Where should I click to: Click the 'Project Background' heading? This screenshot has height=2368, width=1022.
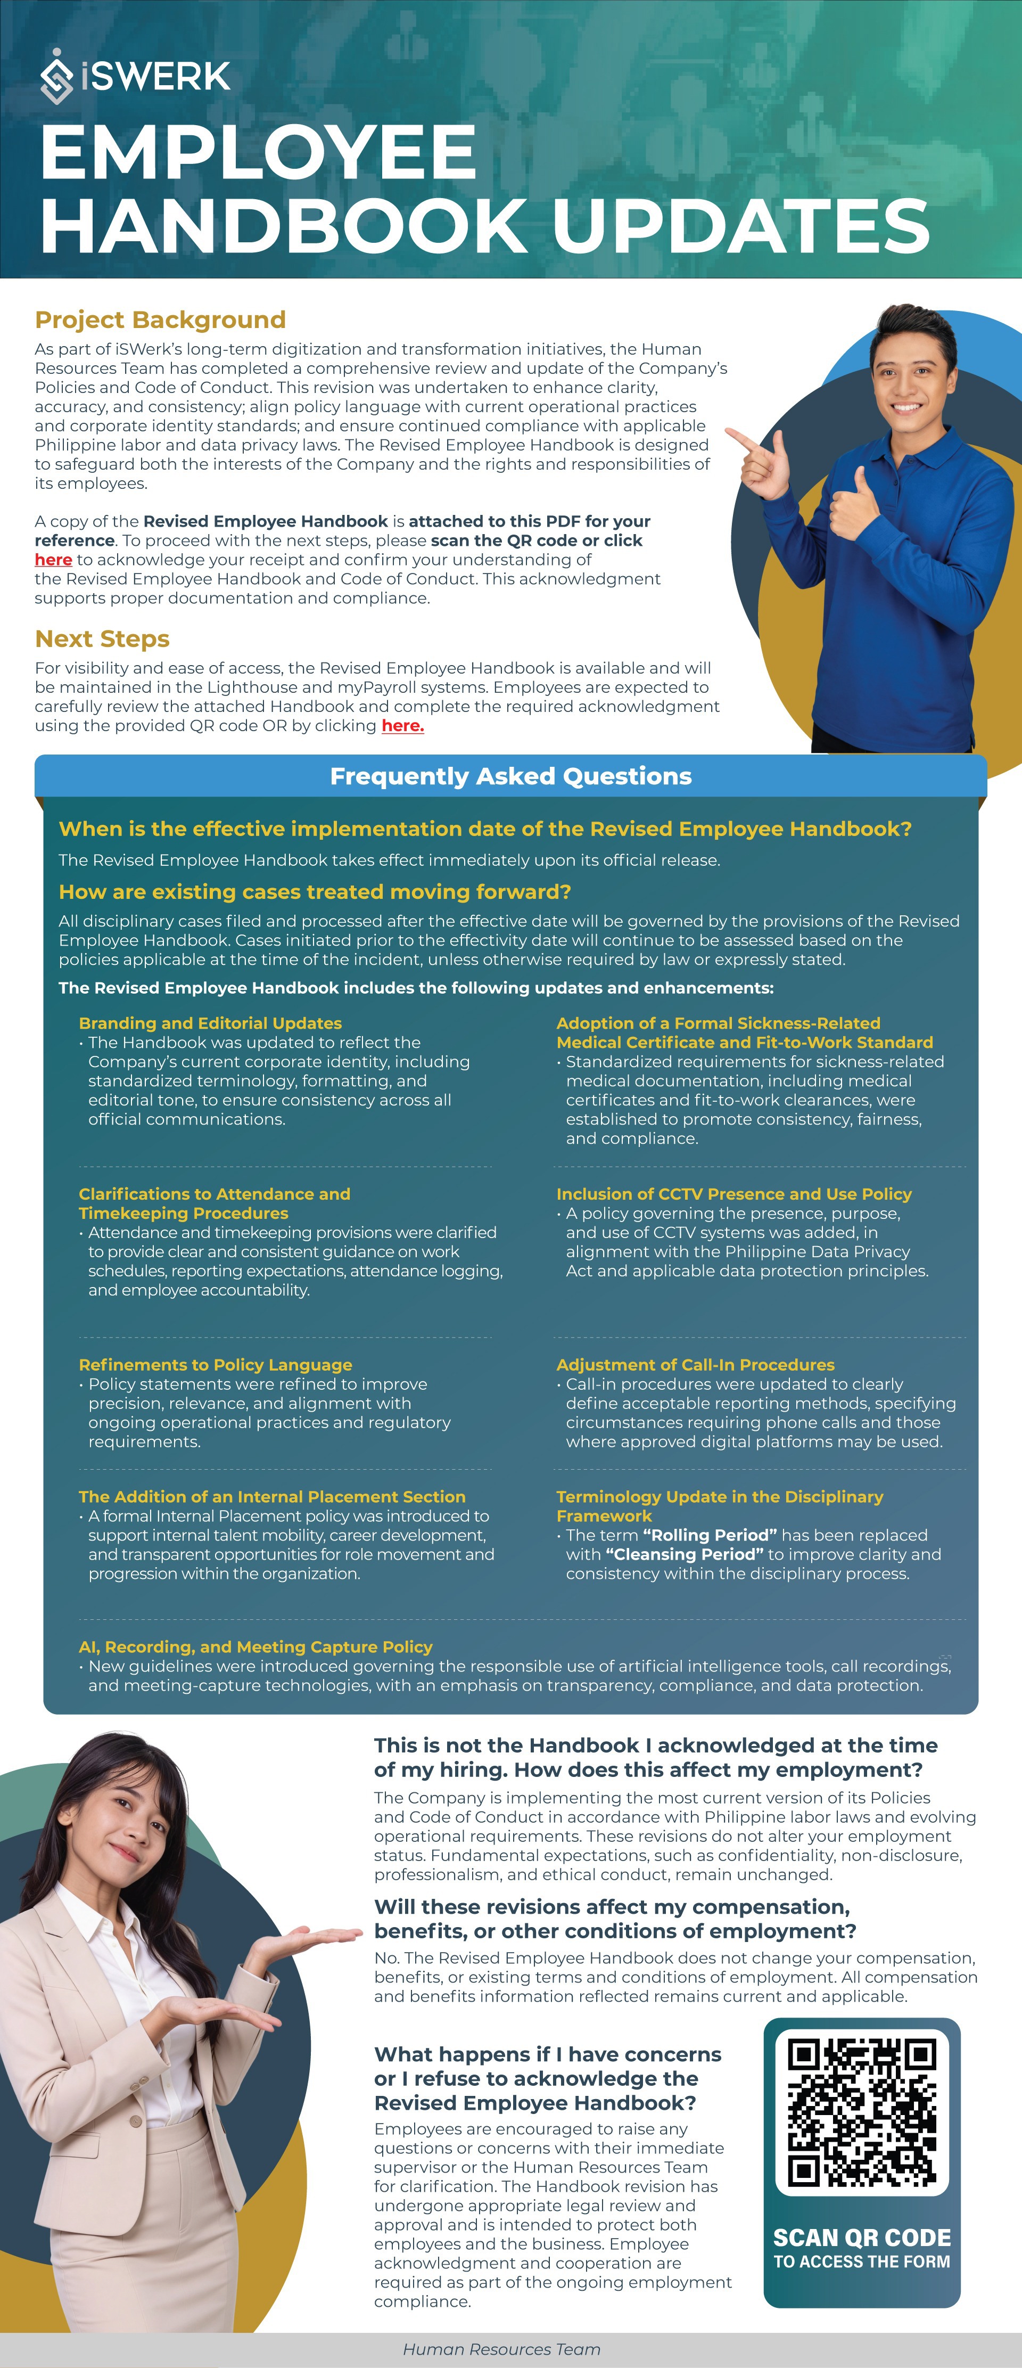tap(160, 320)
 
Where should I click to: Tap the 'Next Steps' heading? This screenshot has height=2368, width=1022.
tap(102, 639)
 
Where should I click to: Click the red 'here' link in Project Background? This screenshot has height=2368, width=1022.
tap(53, 560)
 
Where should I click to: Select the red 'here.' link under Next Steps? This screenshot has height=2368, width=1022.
tap(402, 725)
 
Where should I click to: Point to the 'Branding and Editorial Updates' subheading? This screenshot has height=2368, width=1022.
tap(210, 1023)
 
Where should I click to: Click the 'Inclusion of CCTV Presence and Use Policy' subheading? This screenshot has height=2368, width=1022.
tap(733, 1194)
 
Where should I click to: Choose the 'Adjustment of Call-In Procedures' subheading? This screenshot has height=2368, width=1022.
tap(695, 1365)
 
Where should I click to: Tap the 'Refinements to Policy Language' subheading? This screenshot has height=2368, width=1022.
tap(215, 1365)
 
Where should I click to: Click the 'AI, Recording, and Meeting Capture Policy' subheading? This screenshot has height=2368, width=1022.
tap(256, 1646)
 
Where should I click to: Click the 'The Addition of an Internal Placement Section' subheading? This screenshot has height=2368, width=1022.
tap(272, 1496)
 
